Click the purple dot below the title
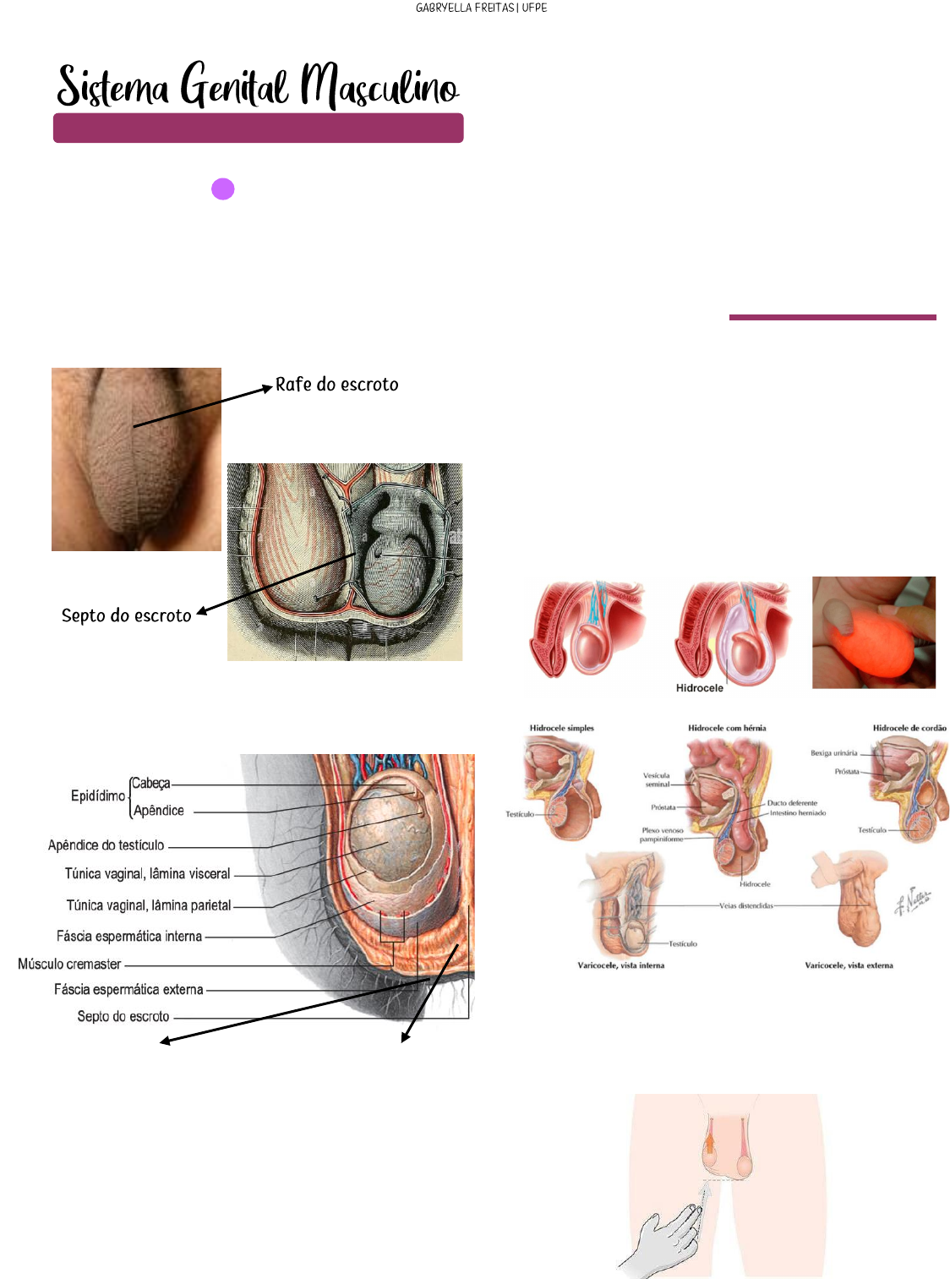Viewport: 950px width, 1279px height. (x=222, y=189)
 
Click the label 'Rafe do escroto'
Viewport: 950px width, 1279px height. (x=336, y=385)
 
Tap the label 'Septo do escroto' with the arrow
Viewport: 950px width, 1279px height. (x=126, y=615)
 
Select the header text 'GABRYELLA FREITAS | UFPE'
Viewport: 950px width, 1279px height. (x=481, y=8)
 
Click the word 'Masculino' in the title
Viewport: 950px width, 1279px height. (x=379, y=87)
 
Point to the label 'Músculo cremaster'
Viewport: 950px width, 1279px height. (x=69, y=964)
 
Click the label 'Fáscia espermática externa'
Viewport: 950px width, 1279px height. (x=128, y=989)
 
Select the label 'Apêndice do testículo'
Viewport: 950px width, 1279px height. (x=106, y=845)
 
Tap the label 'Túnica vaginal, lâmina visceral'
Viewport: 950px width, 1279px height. (x=147, y=874)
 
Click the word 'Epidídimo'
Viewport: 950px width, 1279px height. (x=98, y=795)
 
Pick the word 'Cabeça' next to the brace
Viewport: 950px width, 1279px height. (x=150, y=784)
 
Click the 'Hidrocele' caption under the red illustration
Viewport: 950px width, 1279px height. (x=699, y=688)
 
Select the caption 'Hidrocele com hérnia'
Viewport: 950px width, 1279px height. (x=727, y=728)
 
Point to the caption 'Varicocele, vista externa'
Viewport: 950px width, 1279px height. (x=849, y=965)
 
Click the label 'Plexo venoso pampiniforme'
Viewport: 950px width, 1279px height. (x=661, y=835)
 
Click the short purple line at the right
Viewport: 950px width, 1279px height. (x=833, y=318)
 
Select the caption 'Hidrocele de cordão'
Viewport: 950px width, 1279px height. (x=909, y=728)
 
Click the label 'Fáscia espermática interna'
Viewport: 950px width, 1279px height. (x=128, y=937)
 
